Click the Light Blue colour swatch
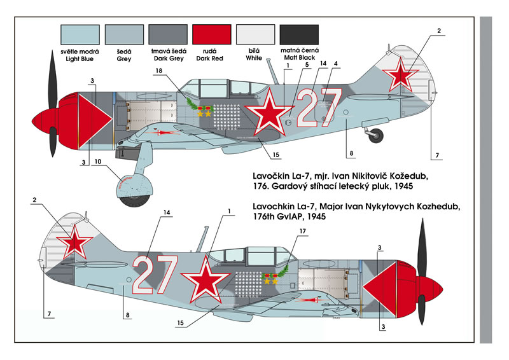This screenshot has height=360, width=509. [x=80, y=34]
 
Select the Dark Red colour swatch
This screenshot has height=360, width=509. [x=212, y=34]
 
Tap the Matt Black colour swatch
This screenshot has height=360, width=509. [x=299, y=34]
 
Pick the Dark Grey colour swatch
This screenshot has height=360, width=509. [x=168, y=34]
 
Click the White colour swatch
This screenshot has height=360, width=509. [x=256, y=34]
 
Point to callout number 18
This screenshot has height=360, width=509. [x=158, y=71]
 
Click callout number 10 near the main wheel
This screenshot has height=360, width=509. [x=98, y=162]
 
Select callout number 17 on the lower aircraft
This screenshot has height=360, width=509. [x=303, y=231]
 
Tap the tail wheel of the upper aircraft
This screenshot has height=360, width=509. [x=376, y=135]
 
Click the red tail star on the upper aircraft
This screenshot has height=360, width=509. [x=400, y=74]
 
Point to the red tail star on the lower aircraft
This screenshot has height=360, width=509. [x=74, y=242]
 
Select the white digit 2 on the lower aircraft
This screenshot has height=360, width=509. [x=145, y=275]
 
